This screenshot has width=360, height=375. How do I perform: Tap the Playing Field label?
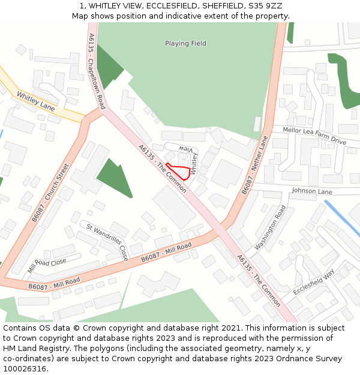pos(185,43)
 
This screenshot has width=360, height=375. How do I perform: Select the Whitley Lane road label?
pos(35,101)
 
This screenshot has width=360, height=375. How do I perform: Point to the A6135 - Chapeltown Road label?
pos(96,71)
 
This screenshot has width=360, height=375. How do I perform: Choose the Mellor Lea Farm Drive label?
pos(315,135)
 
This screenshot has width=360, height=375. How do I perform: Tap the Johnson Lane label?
pos(311,191)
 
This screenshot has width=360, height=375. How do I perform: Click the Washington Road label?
pos(271,228)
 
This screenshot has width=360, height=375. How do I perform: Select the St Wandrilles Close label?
pos(107,242)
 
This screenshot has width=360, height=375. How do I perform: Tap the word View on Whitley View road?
pos(188,148)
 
